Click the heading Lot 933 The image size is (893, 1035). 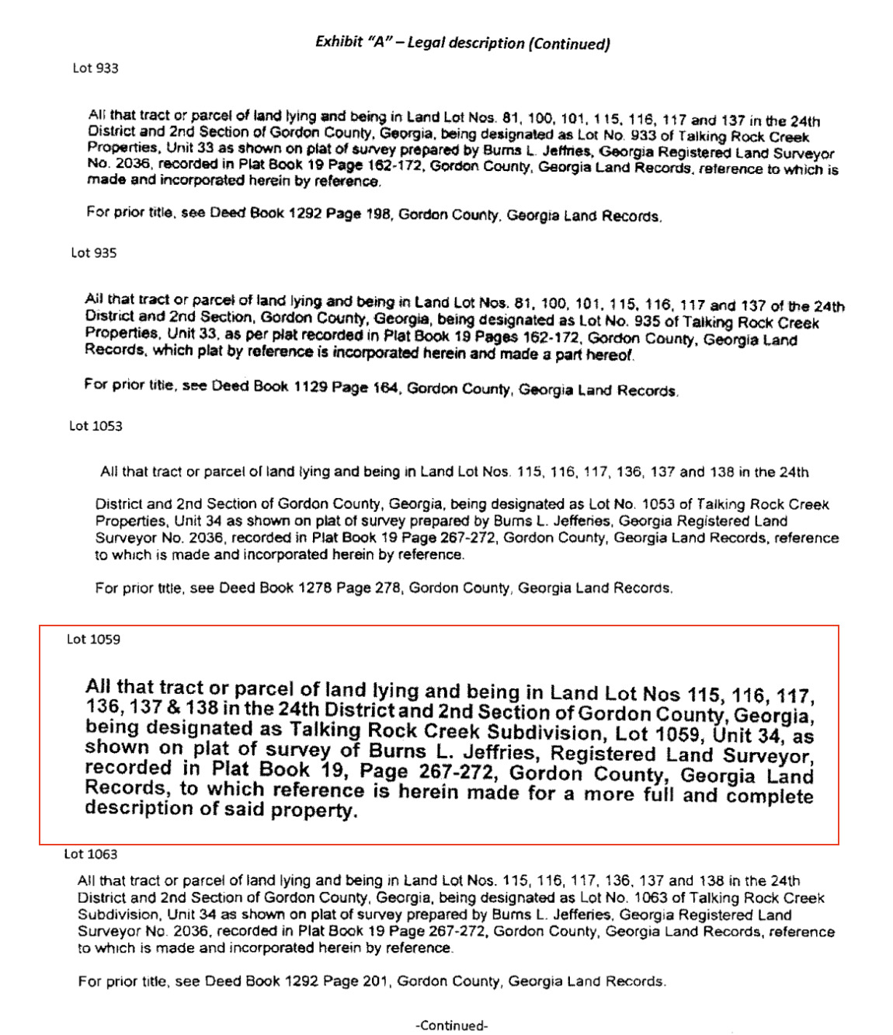(96, 68)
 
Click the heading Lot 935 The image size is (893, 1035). (94, 253)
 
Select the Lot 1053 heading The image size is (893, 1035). (96, 426)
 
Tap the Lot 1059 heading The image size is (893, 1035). (93, 639)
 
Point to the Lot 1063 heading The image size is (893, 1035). (91, 854)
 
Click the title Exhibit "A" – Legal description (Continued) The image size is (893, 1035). (462, 43)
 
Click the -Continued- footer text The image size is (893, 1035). (451, 1026)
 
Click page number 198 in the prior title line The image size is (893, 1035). (379, 214)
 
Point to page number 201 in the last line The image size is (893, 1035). (374, 981)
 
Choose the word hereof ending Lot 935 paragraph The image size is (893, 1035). (611, 355)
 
